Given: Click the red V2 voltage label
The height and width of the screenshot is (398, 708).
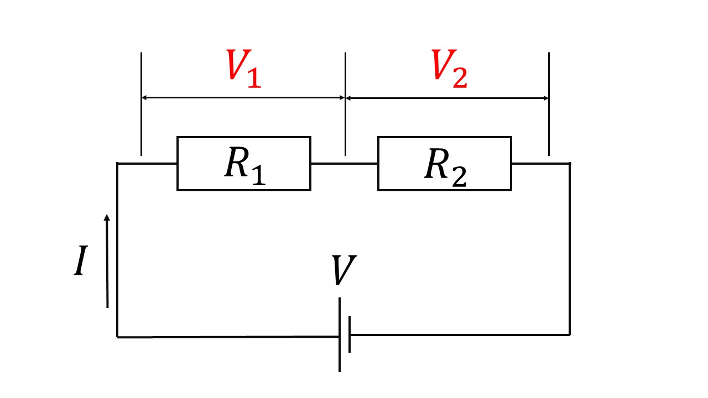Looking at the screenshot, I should point(449,70).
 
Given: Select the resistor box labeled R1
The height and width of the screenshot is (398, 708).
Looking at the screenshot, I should point(243,164).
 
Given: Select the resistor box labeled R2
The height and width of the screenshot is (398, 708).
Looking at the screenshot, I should point(444,164).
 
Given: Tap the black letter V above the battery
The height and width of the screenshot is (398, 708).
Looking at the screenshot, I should point(343,270).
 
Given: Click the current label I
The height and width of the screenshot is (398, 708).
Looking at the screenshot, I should point(81,261).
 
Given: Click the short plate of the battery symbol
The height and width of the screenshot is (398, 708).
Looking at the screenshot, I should point(350,335).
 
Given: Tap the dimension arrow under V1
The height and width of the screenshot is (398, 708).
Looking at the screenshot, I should point(243,97).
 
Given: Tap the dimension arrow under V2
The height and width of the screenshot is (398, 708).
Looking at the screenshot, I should point(447,98).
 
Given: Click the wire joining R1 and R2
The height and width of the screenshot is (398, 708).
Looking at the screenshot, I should point(344,164).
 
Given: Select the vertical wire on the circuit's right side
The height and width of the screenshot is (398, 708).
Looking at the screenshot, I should point(570,249).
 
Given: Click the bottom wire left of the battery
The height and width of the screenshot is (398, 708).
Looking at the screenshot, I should point(227,336).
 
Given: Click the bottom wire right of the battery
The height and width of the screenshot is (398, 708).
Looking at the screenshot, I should point(459,334).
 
